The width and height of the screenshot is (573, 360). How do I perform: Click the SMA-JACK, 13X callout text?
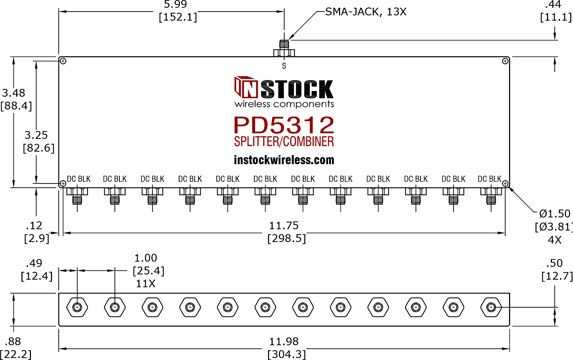365,12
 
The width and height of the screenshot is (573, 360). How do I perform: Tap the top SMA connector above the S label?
284,48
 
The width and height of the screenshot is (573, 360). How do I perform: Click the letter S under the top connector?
284,66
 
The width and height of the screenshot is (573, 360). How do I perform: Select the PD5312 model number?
284,125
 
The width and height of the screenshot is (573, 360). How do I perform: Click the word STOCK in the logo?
297,89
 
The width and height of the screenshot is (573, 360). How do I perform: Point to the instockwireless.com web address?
284,160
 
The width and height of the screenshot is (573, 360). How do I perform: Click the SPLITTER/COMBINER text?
284,142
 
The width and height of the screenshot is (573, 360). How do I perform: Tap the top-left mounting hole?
63,61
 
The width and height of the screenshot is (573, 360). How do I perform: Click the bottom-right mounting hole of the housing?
505,183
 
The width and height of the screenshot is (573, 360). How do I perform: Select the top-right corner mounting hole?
505,61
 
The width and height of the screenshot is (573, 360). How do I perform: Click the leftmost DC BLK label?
79,179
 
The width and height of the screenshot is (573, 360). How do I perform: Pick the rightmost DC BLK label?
490,179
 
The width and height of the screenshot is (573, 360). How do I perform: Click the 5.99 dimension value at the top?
175,4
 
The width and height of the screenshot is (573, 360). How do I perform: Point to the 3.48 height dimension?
14,93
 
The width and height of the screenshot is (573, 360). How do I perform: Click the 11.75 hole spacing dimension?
284,226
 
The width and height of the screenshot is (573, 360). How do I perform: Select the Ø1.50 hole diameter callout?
555,213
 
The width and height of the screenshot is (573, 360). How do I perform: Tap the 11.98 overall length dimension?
284,342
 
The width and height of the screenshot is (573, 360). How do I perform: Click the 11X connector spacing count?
145,284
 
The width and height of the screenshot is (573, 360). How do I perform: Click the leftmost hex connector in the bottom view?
77,307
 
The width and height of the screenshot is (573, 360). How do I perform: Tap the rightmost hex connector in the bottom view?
491,307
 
